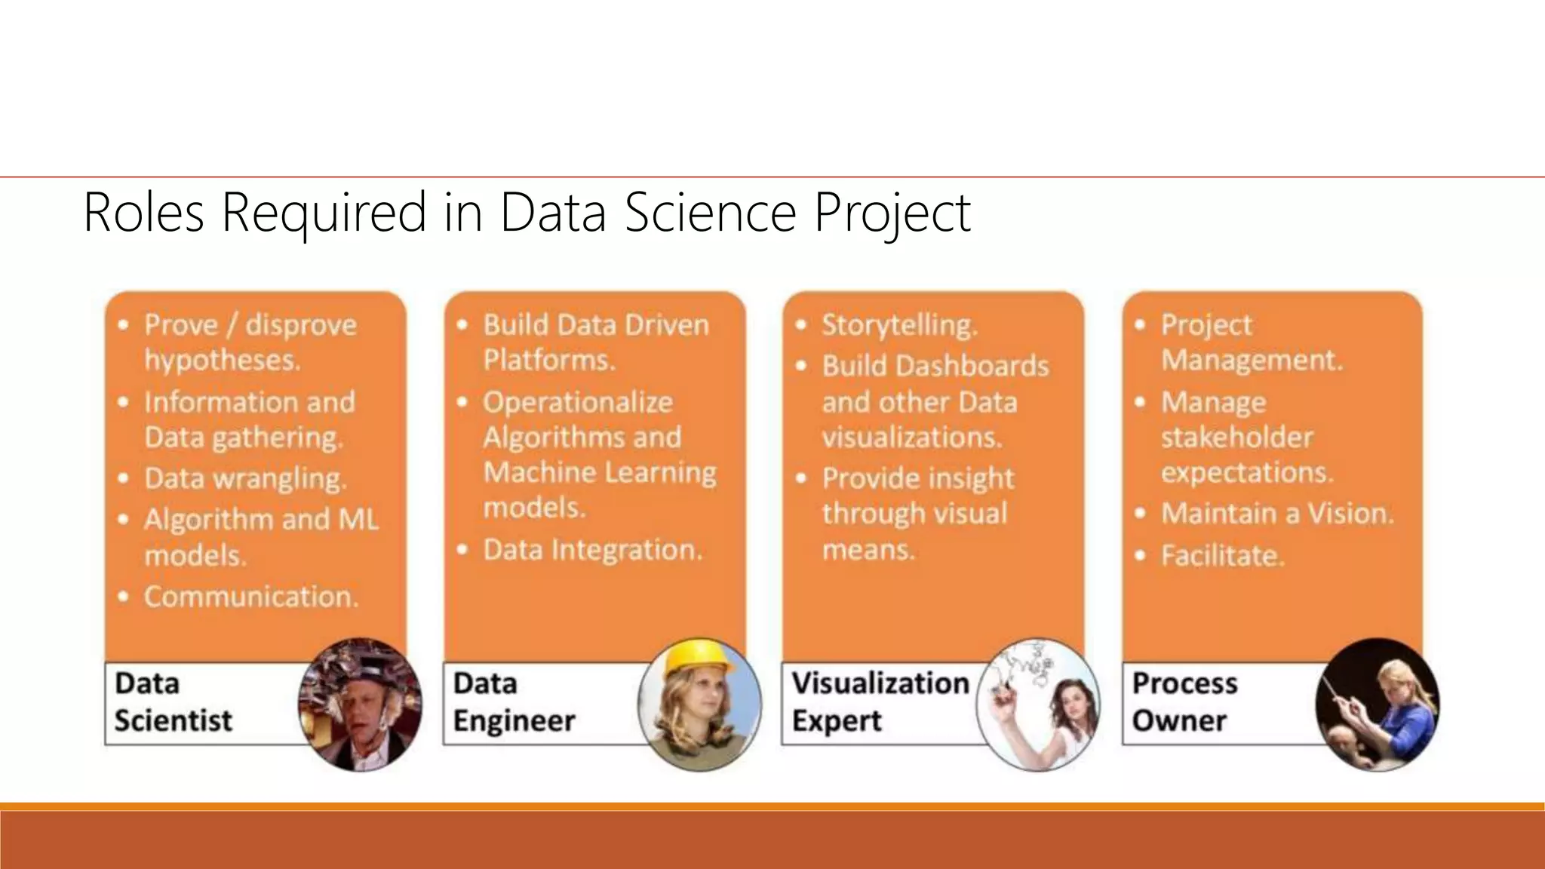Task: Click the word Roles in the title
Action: point(143,213)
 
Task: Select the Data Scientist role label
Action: point(174,702)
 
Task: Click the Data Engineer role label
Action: point(514,702)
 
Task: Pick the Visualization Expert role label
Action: point(880,702)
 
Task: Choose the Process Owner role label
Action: point(1184,702)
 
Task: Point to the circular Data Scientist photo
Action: point(360,704)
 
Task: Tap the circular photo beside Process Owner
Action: point(1377,704)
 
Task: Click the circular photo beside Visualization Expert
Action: point(1038,704)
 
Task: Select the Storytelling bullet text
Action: point(899,325)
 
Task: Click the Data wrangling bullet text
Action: point(245,478)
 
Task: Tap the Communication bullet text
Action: point(251,597)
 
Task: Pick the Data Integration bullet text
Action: point(593,550)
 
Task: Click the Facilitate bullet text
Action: point(1221,556)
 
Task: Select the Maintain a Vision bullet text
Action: point(1277,514)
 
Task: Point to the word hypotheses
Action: point(223,361)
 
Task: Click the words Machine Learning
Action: point(600,472)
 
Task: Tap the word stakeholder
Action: point(1237,438)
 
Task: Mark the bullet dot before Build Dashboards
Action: point(802,367)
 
